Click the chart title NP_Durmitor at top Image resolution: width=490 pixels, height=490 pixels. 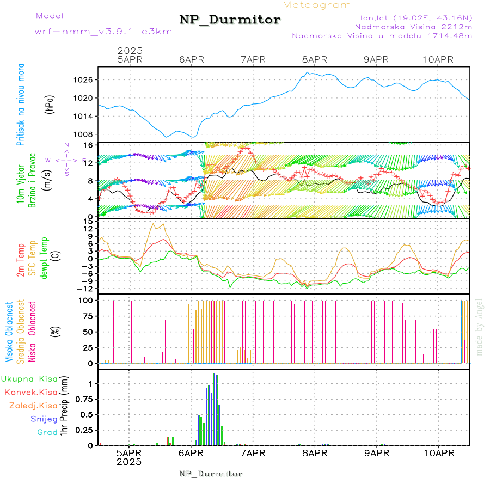pos(230,20)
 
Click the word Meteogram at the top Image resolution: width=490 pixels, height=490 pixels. pos(317,5)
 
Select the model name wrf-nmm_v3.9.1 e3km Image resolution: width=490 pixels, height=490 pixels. pos(103,32)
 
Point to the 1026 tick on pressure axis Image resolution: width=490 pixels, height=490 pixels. pos(85,80)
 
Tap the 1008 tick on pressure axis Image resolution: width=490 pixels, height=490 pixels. pos(85,134)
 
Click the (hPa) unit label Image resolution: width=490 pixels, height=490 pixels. pos(50,107)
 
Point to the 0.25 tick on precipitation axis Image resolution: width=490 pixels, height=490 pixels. pos(84,430)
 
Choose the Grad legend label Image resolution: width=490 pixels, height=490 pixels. pos(47,432)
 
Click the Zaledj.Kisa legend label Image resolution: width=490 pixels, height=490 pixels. pos(33,405)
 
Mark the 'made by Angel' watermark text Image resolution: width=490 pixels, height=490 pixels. pos(480,327)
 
